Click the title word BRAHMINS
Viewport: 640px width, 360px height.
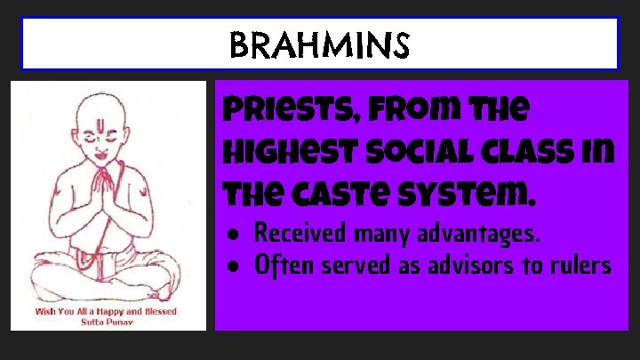coord(319,44)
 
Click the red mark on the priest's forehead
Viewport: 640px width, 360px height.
coord(102,121)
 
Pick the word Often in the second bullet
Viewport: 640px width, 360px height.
coord(280,265)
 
